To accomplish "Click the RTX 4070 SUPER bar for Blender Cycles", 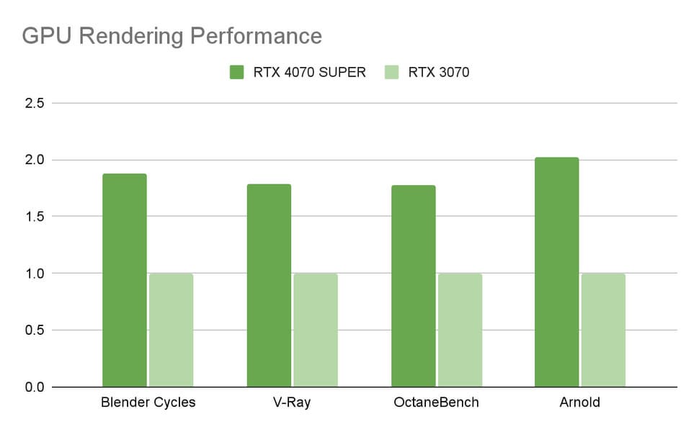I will click(125, 280).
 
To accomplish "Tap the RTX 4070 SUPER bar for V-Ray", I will click(269, 285).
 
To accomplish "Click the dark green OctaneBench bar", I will click(413, 286).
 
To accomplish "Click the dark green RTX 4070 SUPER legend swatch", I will click(238, 72).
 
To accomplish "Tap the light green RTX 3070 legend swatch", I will click(393, 72).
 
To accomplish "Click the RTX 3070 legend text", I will click(439, 72).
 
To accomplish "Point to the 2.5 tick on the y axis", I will click(35, 103).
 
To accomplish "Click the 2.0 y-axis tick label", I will click(35, 160).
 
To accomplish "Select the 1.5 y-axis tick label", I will click(35, 217).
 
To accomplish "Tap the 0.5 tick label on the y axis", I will click(35, 330).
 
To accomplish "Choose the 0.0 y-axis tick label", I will click(35, 387).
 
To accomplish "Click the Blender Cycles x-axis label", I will click(148, 402).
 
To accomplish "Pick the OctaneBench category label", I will click(436, 402).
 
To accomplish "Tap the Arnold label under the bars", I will click(580, 402).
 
